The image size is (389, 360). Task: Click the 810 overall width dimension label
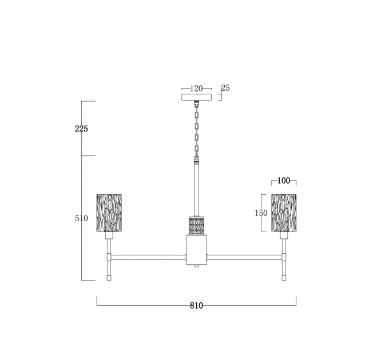[196, 306]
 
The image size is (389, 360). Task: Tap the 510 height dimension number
[81, 218]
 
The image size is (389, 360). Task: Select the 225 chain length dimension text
[81, 129]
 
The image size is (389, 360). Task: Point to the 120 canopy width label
[196, 89]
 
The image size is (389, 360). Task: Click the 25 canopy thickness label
[225, 88]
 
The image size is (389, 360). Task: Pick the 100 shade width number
[284, 181]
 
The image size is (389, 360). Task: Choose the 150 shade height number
[261, 213]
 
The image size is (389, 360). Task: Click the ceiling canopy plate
[196, 97]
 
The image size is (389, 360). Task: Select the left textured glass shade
[109, 213]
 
